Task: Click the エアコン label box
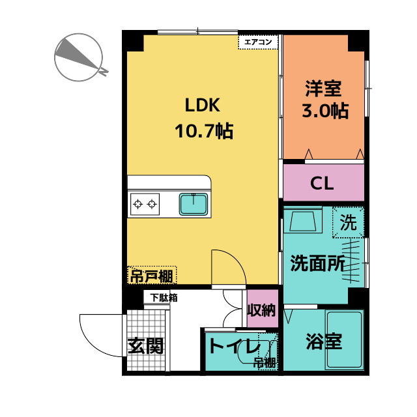[x=259, y=42]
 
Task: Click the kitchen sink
[x=194, y=205]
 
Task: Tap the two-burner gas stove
[x=145, y=205]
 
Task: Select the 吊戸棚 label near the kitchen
[x=151, y=276]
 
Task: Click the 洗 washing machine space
[x=349, y=223]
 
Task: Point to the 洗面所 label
[x=317, y=263]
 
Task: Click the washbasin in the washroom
[x=304, y=222]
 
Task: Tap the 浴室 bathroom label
[x=323, y=341]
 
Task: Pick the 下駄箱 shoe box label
[x=164, y=298]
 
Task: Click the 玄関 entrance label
[x=145, y=345]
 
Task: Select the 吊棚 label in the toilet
[x=265, y=363]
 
